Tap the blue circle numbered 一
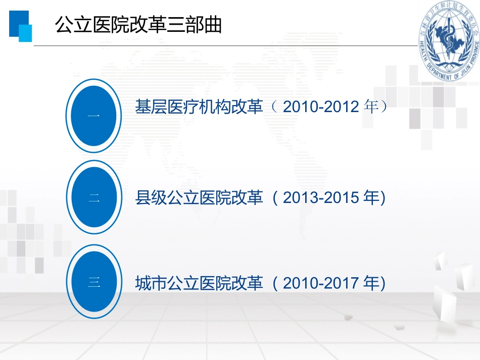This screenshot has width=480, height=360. coord(94,116)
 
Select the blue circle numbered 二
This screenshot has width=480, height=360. coord(94,198)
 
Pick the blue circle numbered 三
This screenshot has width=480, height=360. coord(94,282)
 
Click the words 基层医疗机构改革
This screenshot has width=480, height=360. coord(199,107)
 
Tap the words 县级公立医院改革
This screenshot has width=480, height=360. coord(199,198)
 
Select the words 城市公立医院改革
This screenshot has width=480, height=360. coord(199,283)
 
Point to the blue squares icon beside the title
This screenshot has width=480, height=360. coord(20,26)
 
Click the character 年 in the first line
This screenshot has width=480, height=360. coord(371,107)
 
